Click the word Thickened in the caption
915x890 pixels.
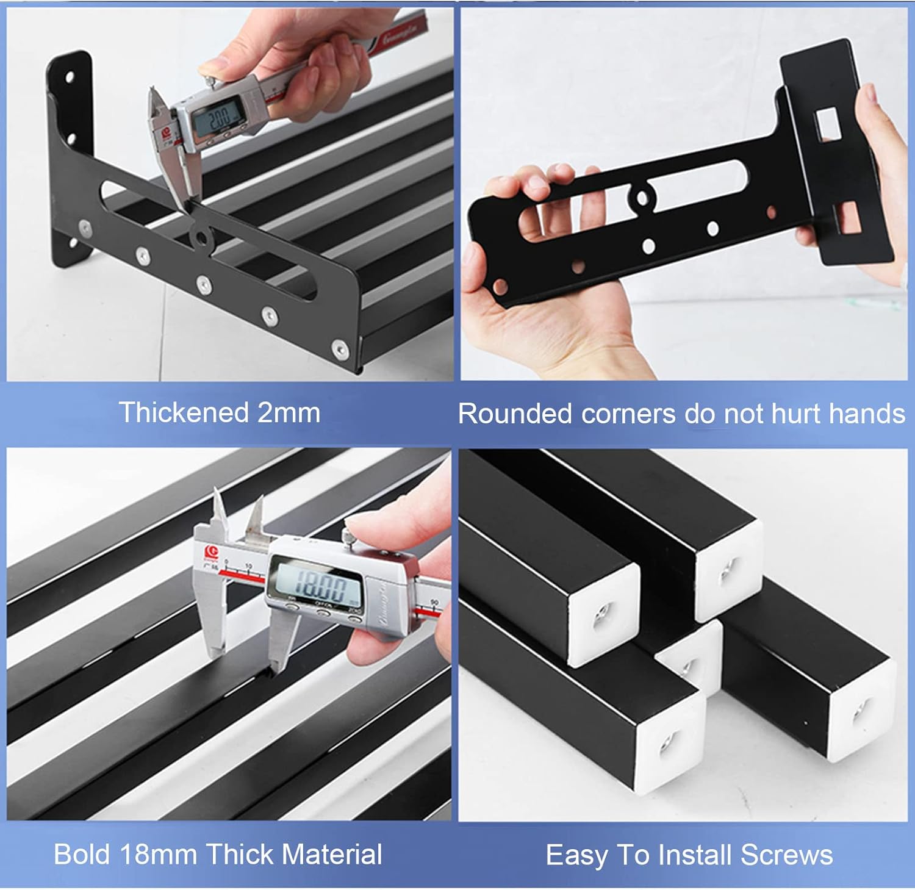coord(184,413)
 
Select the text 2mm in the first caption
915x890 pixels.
coord(289,413)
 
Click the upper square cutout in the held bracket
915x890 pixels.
coord(827,123)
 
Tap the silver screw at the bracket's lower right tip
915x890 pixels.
coord(339,349)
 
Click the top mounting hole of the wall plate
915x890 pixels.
coord(70,77)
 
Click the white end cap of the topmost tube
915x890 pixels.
coord(730,570)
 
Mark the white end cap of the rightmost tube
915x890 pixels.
coord(861,711)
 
